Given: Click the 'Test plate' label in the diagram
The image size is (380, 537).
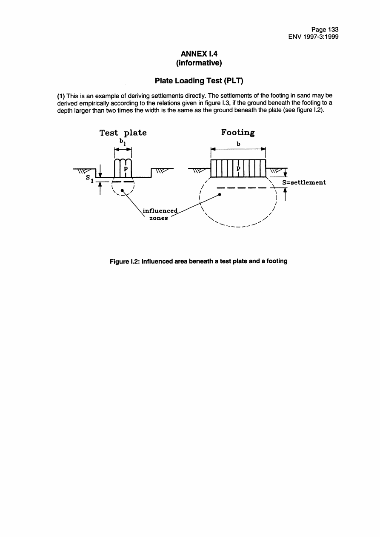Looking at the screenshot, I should tap(123, 133).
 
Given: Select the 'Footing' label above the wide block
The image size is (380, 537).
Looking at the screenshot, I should tap(238, 132).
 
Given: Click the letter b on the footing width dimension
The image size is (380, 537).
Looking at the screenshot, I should tap(238, 144).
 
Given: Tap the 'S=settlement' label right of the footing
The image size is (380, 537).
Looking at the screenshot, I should tap(304, 182).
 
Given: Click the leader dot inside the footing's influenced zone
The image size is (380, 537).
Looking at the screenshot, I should tap(220, 194).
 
